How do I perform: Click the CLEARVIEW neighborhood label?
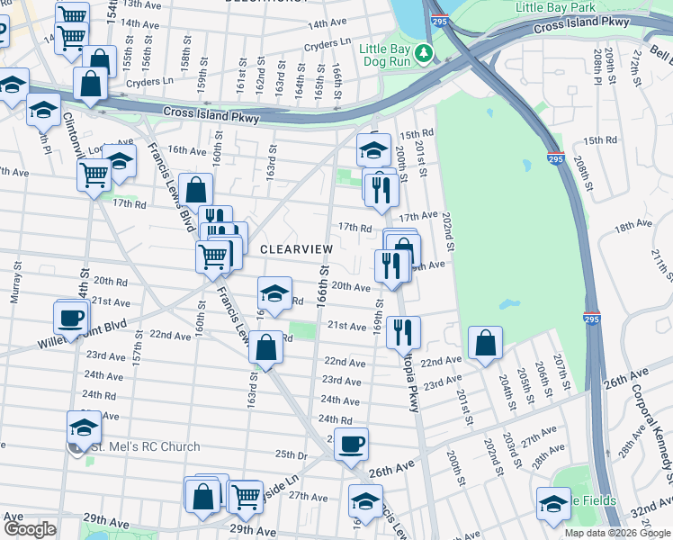(296, 248)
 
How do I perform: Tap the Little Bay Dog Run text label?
(396, 55)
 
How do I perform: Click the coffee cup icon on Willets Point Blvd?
(71, 316)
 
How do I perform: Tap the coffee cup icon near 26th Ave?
(351, 443)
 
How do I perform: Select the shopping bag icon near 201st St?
(485, 342)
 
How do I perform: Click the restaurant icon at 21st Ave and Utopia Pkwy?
(404, 330)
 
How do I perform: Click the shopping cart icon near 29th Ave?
(245, 495)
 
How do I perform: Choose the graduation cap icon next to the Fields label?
(552, 502)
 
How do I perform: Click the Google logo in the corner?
(30, 529)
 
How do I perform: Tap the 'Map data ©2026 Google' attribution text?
(616, 533)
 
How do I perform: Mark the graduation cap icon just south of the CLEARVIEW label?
(275, 292)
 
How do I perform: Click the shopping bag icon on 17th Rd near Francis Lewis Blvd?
(195, 190)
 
